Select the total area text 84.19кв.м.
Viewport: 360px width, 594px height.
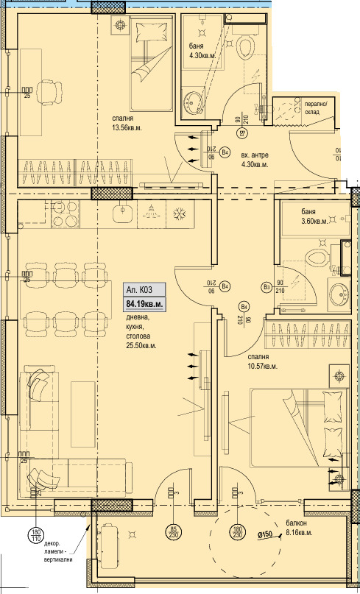144,303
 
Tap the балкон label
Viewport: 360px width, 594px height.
297,523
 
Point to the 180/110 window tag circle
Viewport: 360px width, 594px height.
35,535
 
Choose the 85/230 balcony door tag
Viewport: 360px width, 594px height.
173,531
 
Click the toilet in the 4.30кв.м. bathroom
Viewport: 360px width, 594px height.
246,48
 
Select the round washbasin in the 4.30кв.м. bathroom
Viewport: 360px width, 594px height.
195,101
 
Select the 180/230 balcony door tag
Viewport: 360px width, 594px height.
238,531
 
